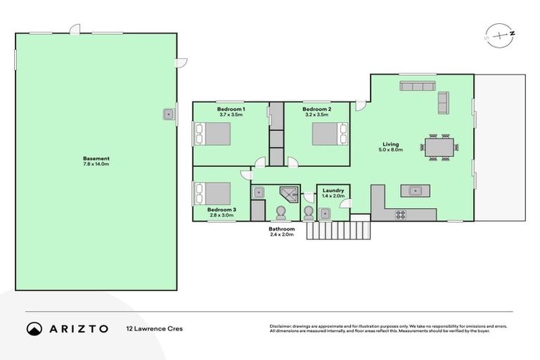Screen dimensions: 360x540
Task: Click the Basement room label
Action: click(x=96, y=158)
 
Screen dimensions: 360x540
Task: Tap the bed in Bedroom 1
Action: click(x=212, y=133)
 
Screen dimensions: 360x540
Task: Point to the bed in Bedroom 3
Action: click(x=212, y=193)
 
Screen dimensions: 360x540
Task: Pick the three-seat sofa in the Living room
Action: click(x=418, y=86)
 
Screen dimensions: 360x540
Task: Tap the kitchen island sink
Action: click(x=415, y=190)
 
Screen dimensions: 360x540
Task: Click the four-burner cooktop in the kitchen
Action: click(x=401, y=214)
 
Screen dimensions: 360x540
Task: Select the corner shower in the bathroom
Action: click(x=288, y=194)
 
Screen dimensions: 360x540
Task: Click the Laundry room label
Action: click(x=333, y=191)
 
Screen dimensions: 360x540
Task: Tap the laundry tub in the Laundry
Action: click(x=325, y=213)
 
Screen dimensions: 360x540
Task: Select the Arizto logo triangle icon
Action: click(x=34, y=328)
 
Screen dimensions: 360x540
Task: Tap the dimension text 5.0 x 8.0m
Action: click(x=390, y=150)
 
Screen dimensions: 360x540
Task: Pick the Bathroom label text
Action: click(x=281, y=229)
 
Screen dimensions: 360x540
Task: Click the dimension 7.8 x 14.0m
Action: click(x=96, y=164)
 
